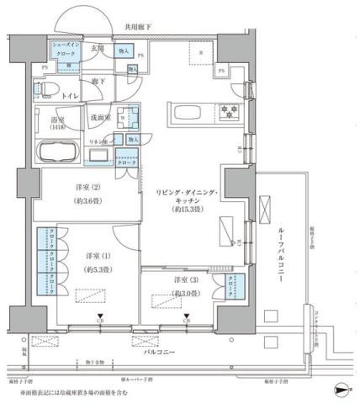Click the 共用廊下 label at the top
coord(137,28)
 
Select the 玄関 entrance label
coord(98,48)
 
